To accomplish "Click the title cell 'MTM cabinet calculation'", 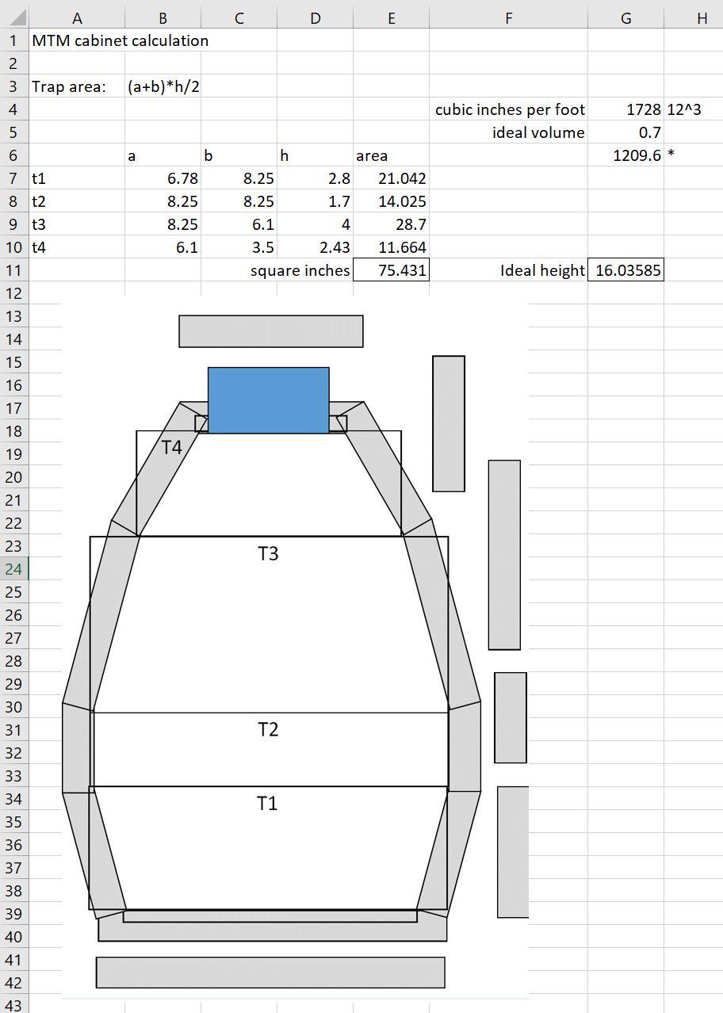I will (120, 41).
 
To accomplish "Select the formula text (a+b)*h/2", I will (163, 87).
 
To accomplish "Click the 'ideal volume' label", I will (538, 133).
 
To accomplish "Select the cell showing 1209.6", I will (637, 156).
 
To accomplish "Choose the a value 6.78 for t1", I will (182, 179).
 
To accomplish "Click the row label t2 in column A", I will (40, 202).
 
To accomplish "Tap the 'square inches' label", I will (300, 270).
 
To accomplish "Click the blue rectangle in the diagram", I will (268, 399).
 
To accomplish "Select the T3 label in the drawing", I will (268, 553).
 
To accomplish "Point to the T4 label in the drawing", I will (171, 447).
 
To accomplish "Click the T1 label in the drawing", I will (267, 803).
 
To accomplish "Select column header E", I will (391, 18).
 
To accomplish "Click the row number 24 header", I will (14, 569).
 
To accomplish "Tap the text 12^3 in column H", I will (684, 110).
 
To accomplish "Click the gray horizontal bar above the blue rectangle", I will (270, 331).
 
